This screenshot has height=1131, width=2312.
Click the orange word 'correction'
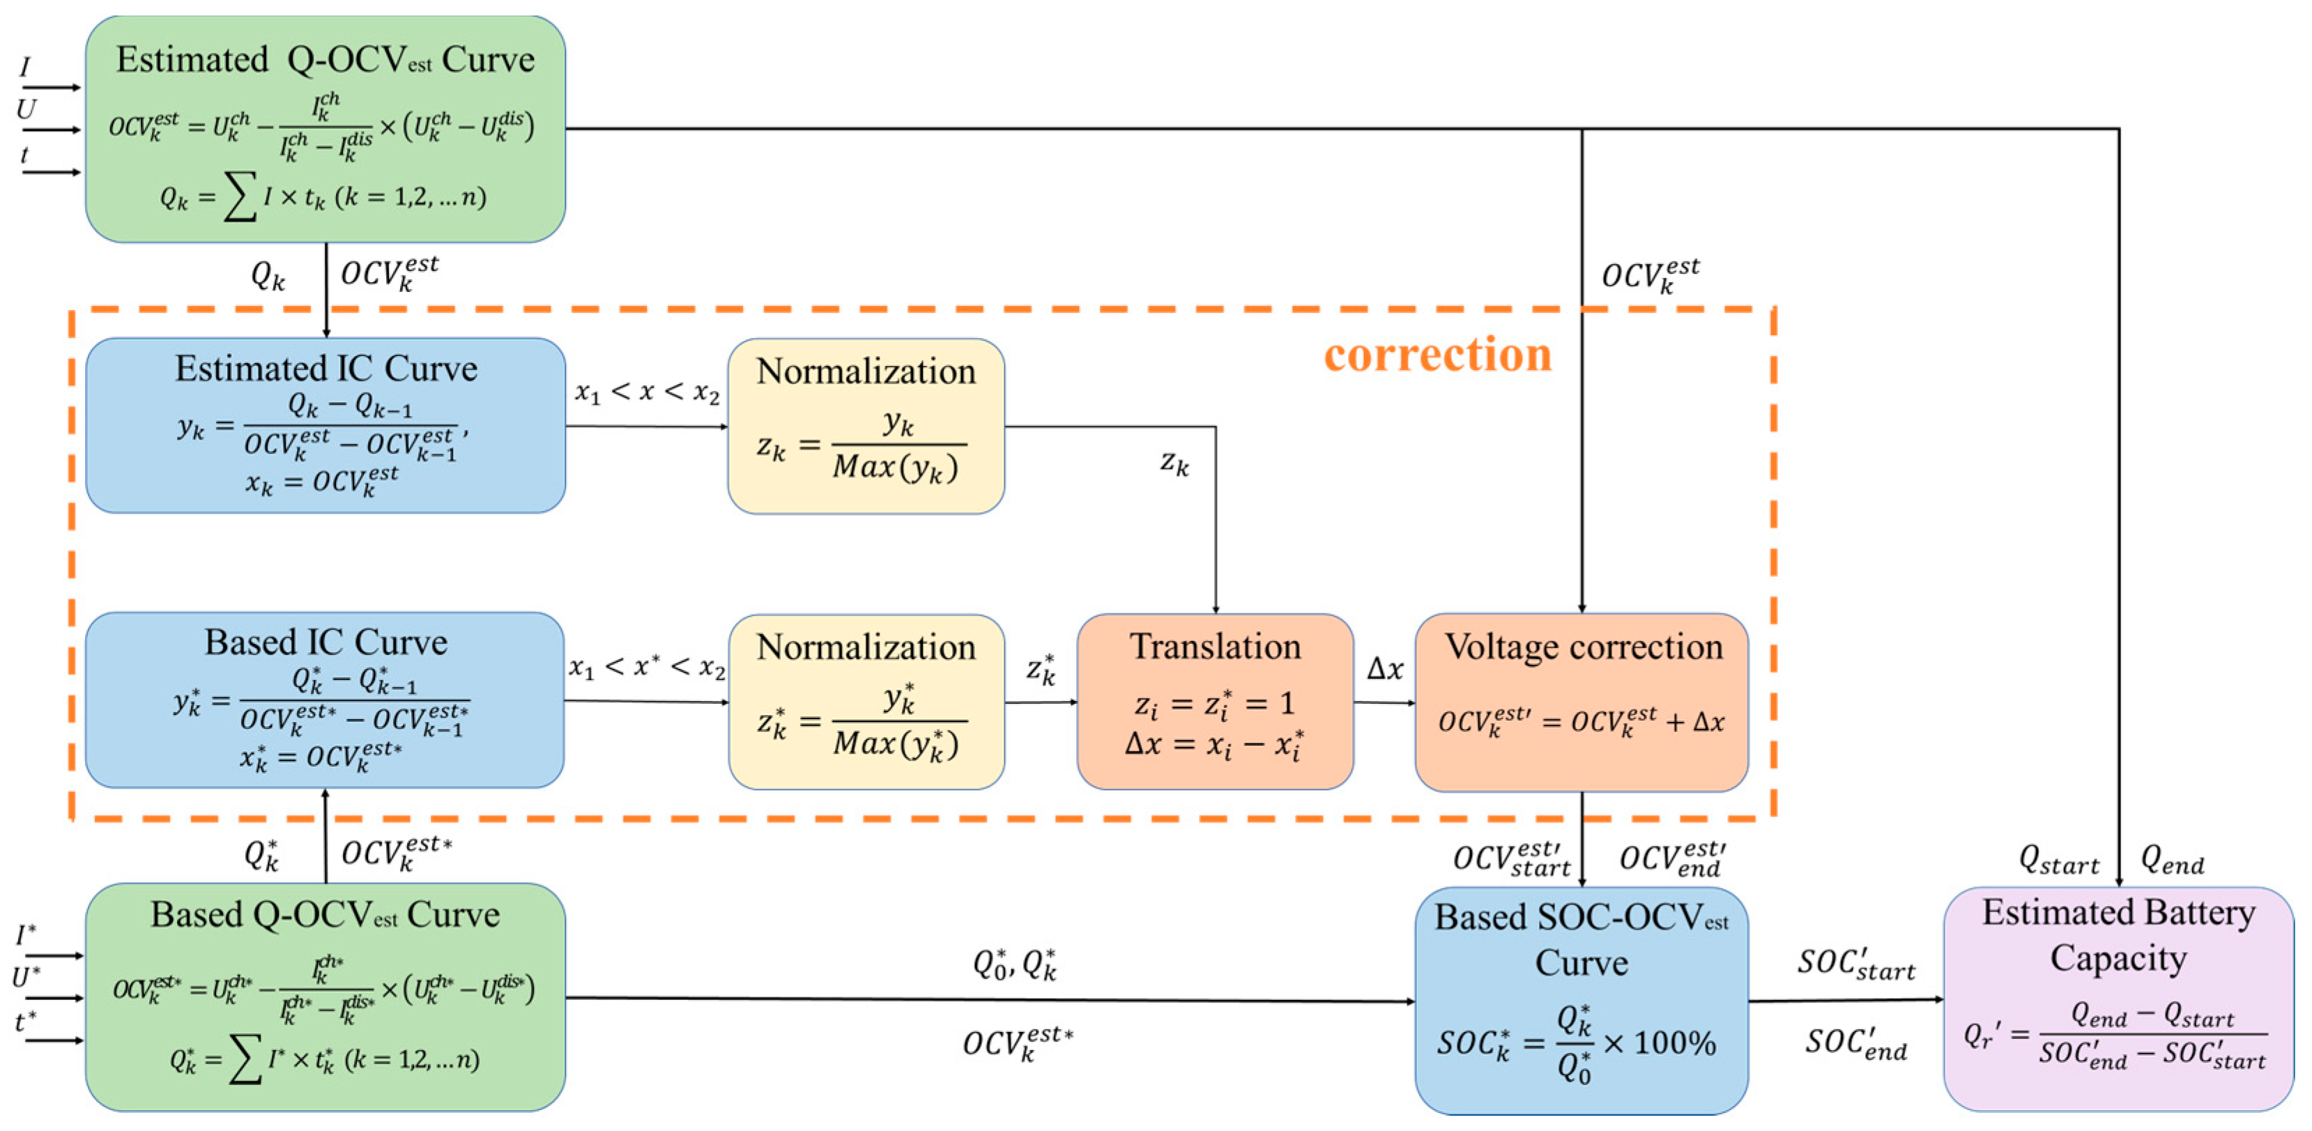click(1437, 354)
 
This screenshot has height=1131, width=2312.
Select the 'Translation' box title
click(1214, 646)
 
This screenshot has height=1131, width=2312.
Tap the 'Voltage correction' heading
click(1582, 646)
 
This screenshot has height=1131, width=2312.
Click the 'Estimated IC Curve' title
click(326, 368)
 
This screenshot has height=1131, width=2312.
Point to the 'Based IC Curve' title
click(326, 642)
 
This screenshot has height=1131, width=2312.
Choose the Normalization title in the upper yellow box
click(865, 371)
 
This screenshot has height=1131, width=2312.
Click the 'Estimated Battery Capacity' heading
click(2118, 934)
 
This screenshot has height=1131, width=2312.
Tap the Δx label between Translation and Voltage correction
click(1384, 669)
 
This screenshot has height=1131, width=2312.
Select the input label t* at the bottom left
click(26, 1022)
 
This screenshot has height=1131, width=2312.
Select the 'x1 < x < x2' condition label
click(646, 392)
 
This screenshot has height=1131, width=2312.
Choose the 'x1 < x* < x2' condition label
click(646, 667)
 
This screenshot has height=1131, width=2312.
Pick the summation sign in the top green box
click(240, 196)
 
